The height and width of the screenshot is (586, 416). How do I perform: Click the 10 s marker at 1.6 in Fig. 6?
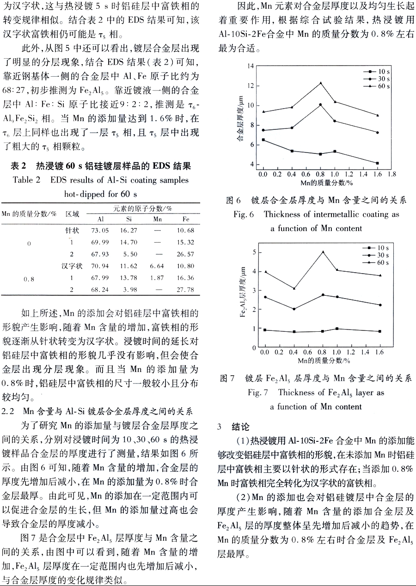[378, 163]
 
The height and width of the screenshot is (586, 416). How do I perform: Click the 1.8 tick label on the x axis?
[392, 174]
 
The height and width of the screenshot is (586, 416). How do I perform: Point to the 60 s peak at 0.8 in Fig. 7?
[323, 252]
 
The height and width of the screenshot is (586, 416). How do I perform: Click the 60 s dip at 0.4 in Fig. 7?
[294, 288]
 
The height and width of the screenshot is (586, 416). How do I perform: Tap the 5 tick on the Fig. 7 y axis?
[254, 252]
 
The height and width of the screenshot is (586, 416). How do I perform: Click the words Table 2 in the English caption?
[27, 180]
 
